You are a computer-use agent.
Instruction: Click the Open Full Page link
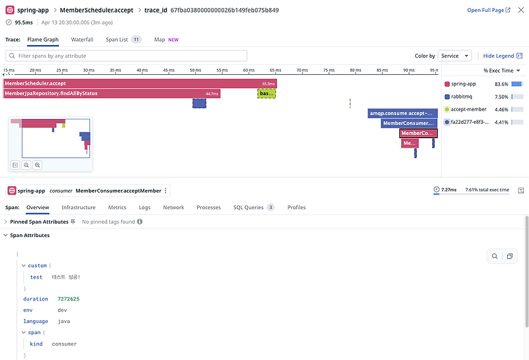pos(488,11)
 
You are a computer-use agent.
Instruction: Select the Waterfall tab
pos(82,40)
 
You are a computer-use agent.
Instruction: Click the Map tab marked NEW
pos(159,40)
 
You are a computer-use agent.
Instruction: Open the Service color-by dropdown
pos(454,56)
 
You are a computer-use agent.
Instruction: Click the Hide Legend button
pos(498,56)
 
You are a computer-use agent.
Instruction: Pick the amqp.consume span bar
pos(402,113)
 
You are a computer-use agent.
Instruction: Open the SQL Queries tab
pos(249,208)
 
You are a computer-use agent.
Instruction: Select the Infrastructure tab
pos(79,208)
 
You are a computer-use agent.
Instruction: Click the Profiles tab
pos(296,208)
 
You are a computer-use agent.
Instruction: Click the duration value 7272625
pos(69,299)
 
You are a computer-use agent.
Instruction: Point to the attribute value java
pos(64,322)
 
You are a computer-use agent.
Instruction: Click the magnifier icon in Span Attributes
pos(495,257)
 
